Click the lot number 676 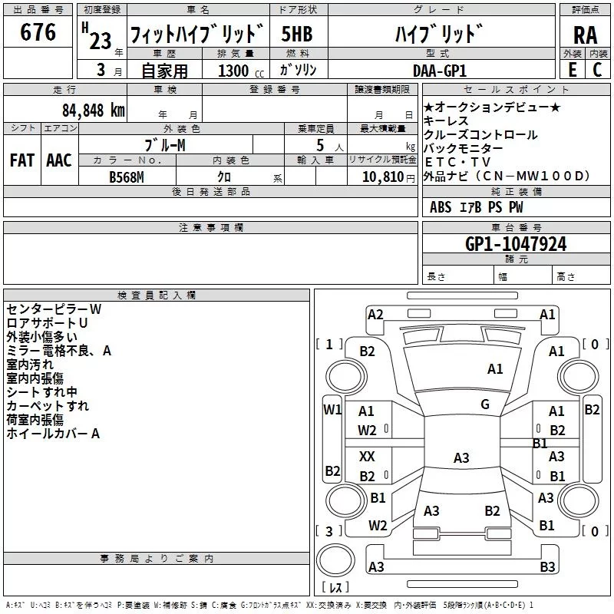[x=38, y=33]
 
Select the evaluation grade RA [x=585, y=35]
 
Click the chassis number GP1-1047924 [x=516, y=244]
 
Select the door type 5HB [x=297, y=35]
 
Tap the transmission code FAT [x=22, y=160]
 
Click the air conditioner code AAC [x=59, y=160]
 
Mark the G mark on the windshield [x=485, y=404]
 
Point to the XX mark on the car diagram [x=368, y=456]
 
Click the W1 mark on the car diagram [x=332, y=409]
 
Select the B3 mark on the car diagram [x=547, y=567]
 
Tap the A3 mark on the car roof [x=461, y=458]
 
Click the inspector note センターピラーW [x=54, y=309]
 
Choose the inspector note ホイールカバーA [x=54, y=434]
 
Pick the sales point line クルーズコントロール [x=480, y=134]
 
